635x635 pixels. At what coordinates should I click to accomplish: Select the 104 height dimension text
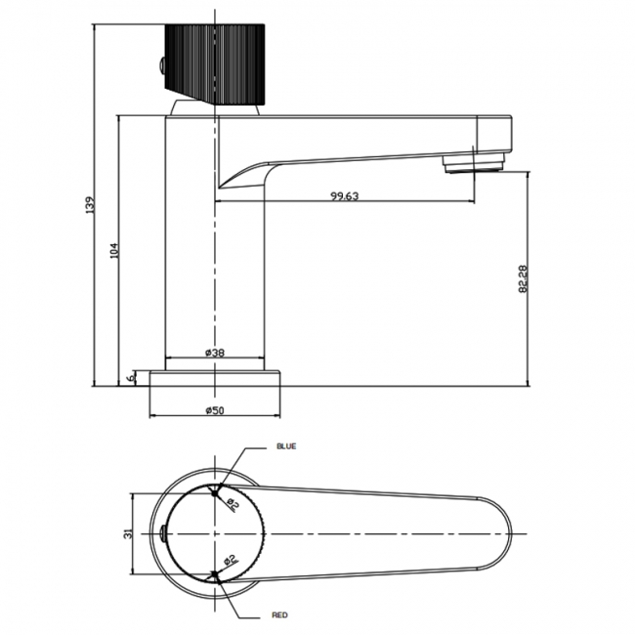point(114,251)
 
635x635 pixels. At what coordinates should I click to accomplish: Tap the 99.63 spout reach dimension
point(345,196)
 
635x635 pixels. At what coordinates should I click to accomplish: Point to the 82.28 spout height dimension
point(523,278)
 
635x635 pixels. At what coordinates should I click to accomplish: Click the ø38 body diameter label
point(215,353)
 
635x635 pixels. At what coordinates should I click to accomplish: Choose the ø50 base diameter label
point(215,410)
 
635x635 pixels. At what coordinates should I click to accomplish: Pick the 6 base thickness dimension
point(130,377)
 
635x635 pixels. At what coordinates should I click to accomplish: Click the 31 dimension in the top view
point(128,533)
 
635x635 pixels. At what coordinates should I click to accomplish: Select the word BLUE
point(286,446)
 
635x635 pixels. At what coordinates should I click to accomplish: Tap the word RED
point(279,615)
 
